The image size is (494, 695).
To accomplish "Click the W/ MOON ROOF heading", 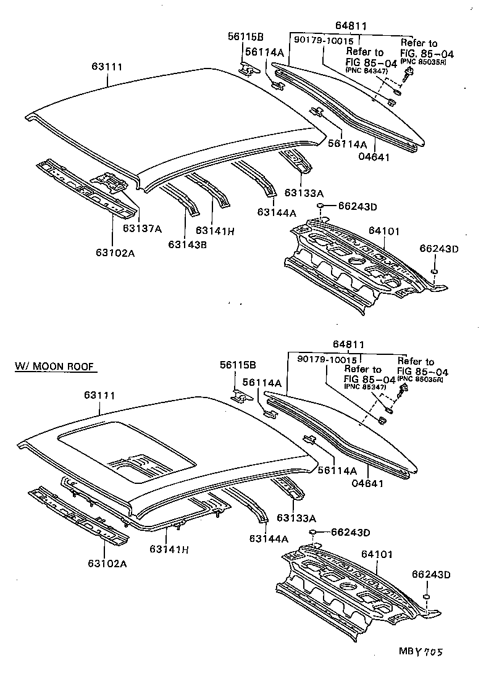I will pyautogui.click(x=54, y=367).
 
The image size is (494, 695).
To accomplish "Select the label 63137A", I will pyautogui.click(x=141, y=228).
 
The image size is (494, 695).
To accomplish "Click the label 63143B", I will pyautogui.click(x=187, y=244).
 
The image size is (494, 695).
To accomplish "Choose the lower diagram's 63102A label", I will pyautogui.click(x=107, y=563).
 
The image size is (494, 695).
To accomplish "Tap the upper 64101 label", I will pyautogui.click(x=385, y=231).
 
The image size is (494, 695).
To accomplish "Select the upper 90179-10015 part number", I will pyautogui.click(x=324, y=41).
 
